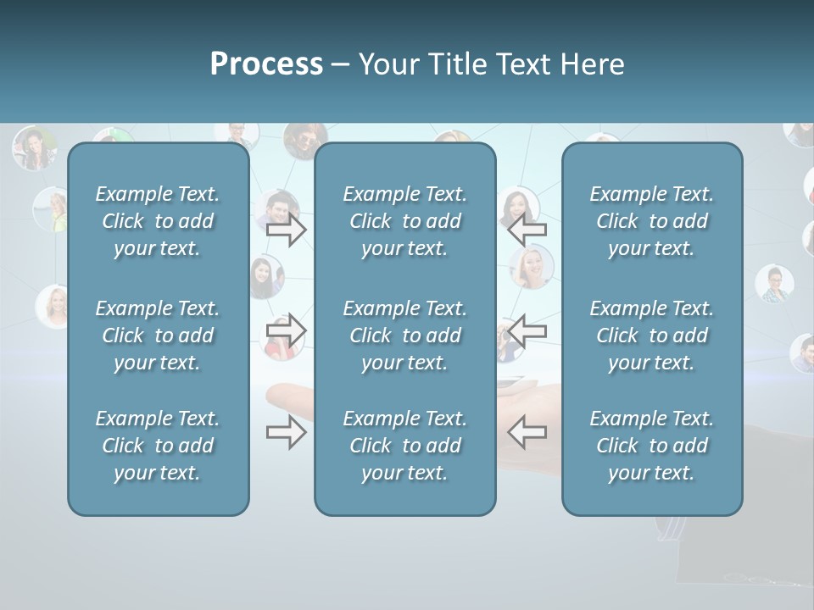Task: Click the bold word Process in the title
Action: [266, 64]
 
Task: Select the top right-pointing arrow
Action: [286, 230]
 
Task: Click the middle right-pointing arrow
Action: [286, 330]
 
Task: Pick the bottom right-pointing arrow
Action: [286, 433]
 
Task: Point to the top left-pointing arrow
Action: [527, 230]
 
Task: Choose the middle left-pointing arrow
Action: [527, 330]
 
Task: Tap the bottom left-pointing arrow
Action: [527, 433]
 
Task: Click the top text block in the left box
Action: [158, 221]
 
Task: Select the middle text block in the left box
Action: [158, 335]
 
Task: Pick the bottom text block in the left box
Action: [158, 446]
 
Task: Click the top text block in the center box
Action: [405, 221]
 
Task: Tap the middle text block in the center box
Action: [405, 335]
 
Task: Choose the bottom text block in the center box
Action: [405, 446]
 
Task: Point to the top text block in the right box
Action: [652, 221]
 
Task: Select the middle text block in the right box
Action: [652, 335]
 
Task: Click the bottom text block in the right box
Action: [652, 446]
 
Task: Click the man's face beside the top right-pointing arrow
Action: [279, 205]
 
